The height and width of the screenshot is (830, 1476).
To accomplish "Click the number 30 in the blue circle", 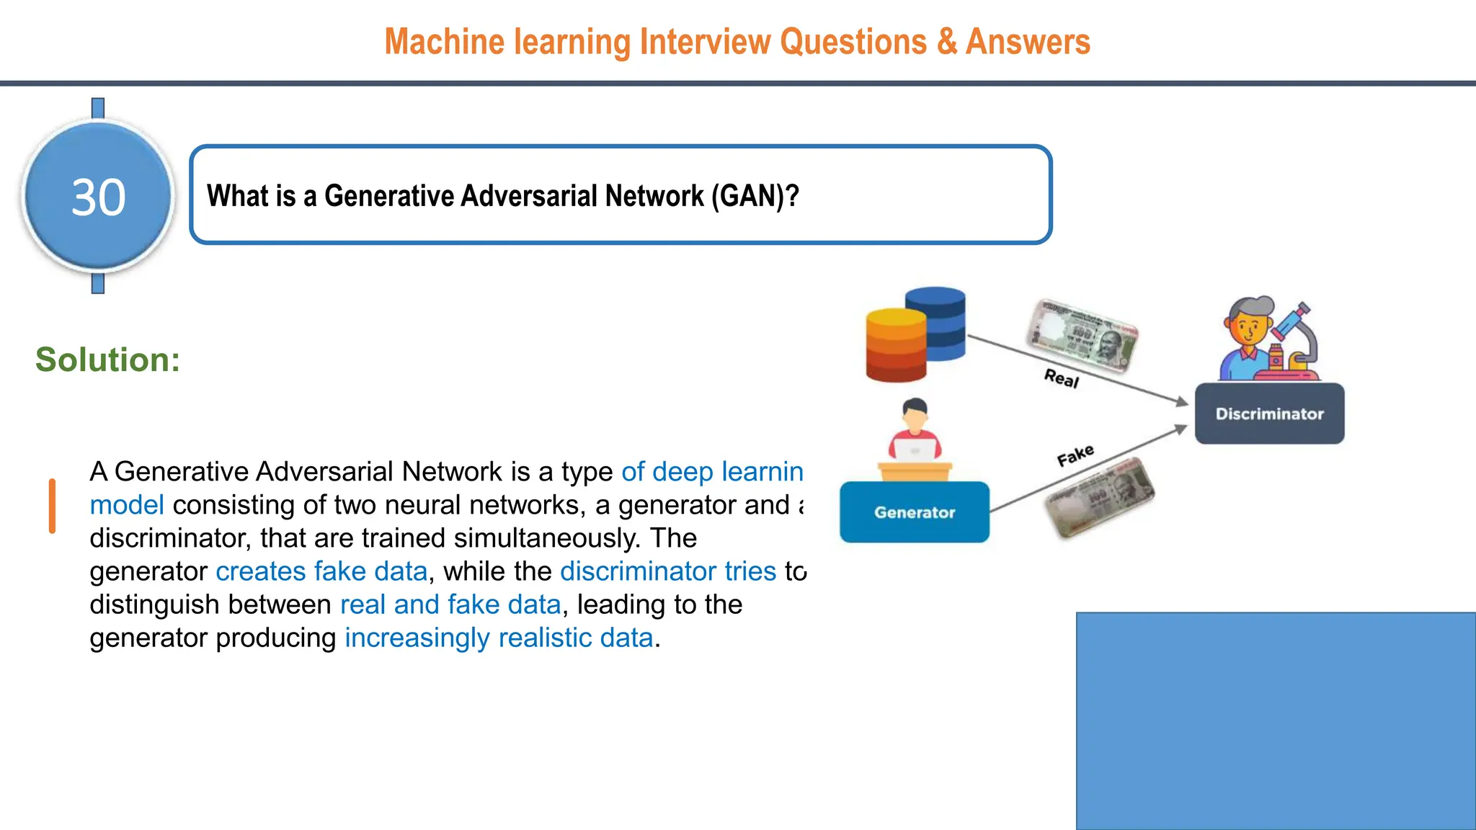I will [99, 197].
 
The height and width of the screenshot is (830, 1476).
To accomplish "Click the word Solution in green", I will [107, 360].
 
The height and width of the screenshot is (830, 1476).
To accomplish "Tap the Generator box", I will [914, 512].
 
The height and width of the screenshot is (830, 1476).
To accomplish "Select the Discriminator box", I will [1269, 414].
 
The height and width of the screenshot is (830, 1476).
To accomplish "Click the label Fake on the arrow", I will [1075, 455].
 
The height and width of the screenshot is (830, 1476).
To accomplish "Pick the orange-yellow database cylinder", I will [895, 346].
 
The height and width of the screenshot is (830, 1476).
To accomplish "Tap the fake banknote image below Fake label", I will [1099, 497].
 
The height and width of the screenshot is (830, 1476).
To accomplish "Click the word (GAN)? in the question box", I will [755, 196].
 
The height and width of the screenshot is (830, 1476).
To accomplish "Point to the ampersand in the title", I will [946, 42].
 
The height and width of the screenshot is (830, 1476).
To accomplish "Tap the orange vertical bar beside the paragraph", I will [52, 506].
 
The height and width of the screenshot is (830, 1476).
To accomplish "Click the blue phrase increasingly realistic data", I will [499, 638].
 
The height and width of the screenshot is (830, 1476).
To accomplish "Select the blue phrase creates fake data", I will [321, 571].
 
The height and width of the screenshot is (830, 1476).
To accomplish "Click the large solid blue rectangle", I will [1276, 720].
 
